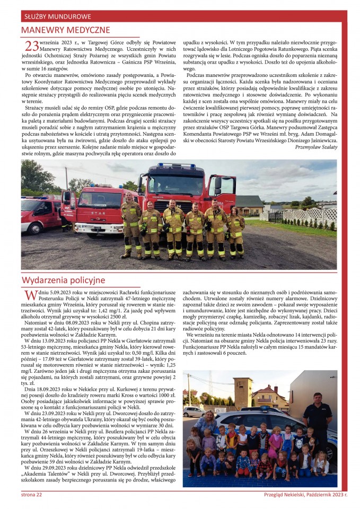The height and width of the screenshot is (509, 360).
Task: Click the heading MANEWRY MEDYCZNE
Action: [66, 30]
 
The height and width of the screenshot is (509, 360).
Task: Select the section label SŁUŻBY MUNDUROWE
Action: [56, 16]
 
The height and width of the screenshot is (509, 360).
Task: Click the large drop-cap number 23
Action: [31, 46]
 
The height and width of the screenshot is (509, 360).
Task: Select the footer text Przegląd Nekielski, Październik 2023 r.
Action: [306, 494]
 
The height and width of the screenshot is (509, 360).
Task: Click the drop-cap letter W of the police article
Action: [30, 295]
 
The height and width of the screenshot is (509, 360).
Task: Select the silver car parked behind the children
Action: [195, 411]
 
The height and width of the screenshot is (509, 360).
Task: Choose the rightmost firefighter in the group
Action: [235, 231]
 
